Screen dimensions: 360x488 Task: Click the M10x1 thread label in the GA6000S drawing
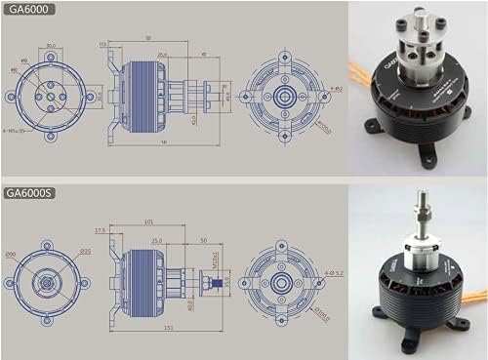[217, 261]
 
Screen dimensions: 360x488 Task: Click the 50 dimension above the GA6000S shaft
[202, 239]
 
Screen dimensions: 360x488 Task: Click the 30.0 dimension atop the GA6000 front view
[50, 45]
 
